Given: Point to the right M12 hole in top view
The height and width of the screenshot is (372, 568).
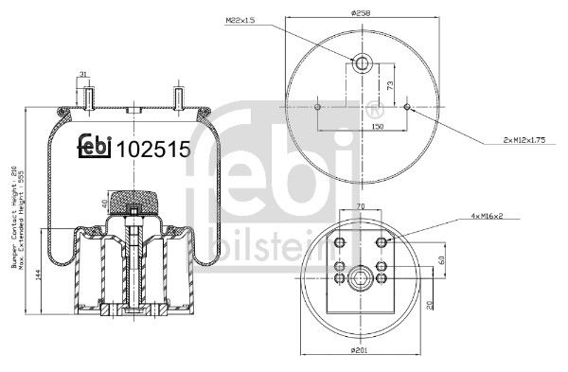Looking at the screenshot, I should click(408, 107).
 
